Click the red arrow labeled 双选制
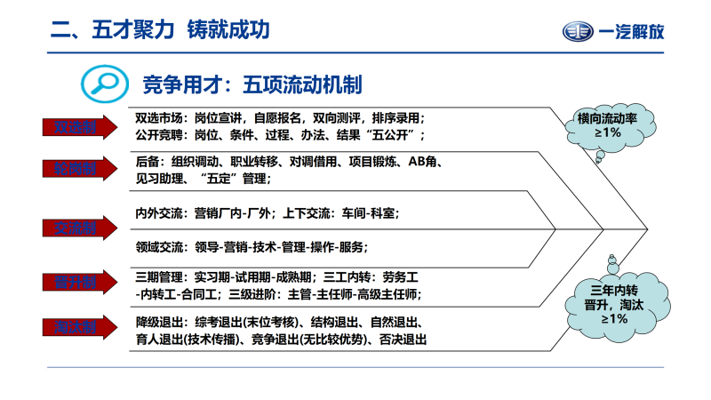pyautogui.click(x=76, y=127)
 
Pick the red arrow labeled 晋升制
pyautogui.click(x=76, y=283)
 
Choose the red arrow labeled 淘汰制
pyautogui.click(x=76, y=328)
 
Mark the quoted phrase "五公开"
pyautogui.click(x=393, y=135)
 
